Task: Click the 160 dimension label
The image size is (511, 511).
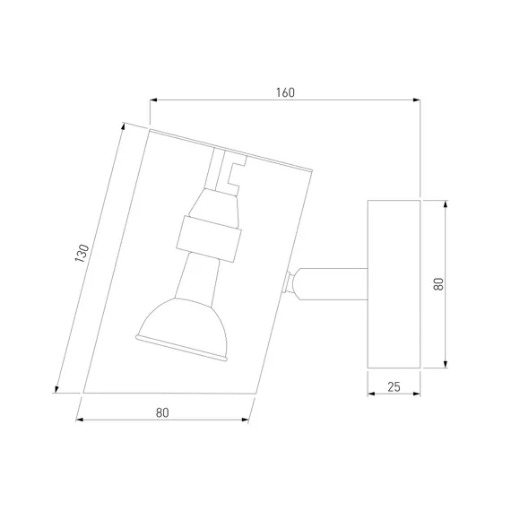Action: click(285, 92)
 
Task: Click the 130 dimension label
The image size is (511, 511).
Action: click(82, 253)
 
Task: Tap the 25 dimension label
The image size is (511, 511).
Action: click(394, 386)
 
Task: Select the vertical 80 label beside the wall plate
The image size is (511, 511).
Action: click(438, 284)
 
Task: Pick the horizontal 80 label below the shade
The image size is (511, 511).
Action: click(162, 413)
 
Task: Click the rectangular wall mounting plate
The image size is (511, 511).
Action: click(394, 284)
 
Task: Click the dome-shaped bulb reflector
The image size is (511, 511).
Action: click(182, 328)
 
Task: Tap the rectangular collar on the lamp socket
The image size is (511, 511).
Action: click(209, 238)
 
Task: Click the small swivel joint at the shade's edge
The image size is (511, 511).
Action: click(288, 283)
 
